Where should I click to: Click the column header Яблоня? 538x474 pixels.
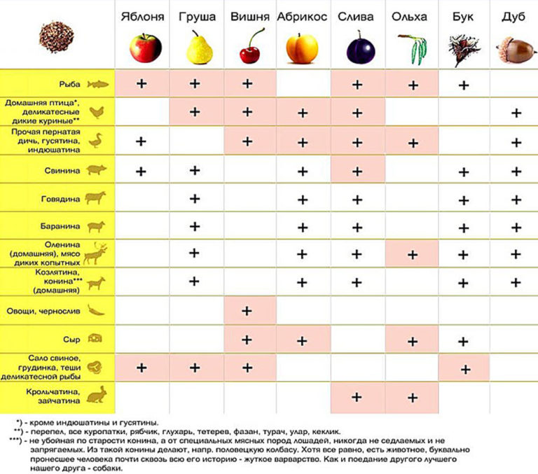point(142,16)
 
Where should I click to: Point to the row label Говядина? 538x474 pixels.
point(64,198)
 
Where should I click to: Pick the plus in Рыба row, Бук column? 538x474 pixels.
point(463,85)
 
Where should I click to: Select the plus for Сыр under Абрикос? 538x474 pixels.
point(303,341)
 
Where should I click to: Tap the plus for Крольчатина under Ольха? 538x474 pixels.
point(413,398)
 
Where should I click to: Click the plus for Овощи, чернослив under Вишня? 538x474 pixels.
point(247,312)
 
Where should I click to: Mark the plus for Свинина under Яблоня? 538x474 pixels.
point(141,170)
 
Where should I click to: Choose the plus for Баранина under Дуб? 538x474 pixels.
point(516,227)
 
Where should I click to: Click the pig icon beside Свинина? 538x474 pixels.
point(95,170)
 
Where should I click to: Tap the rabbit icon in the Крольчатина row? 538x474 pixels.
point(95,396)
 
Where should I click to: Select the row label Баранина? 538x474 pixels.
point(64,227)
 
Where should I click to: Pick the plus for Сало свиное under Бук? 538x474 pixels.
point(463,369)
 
